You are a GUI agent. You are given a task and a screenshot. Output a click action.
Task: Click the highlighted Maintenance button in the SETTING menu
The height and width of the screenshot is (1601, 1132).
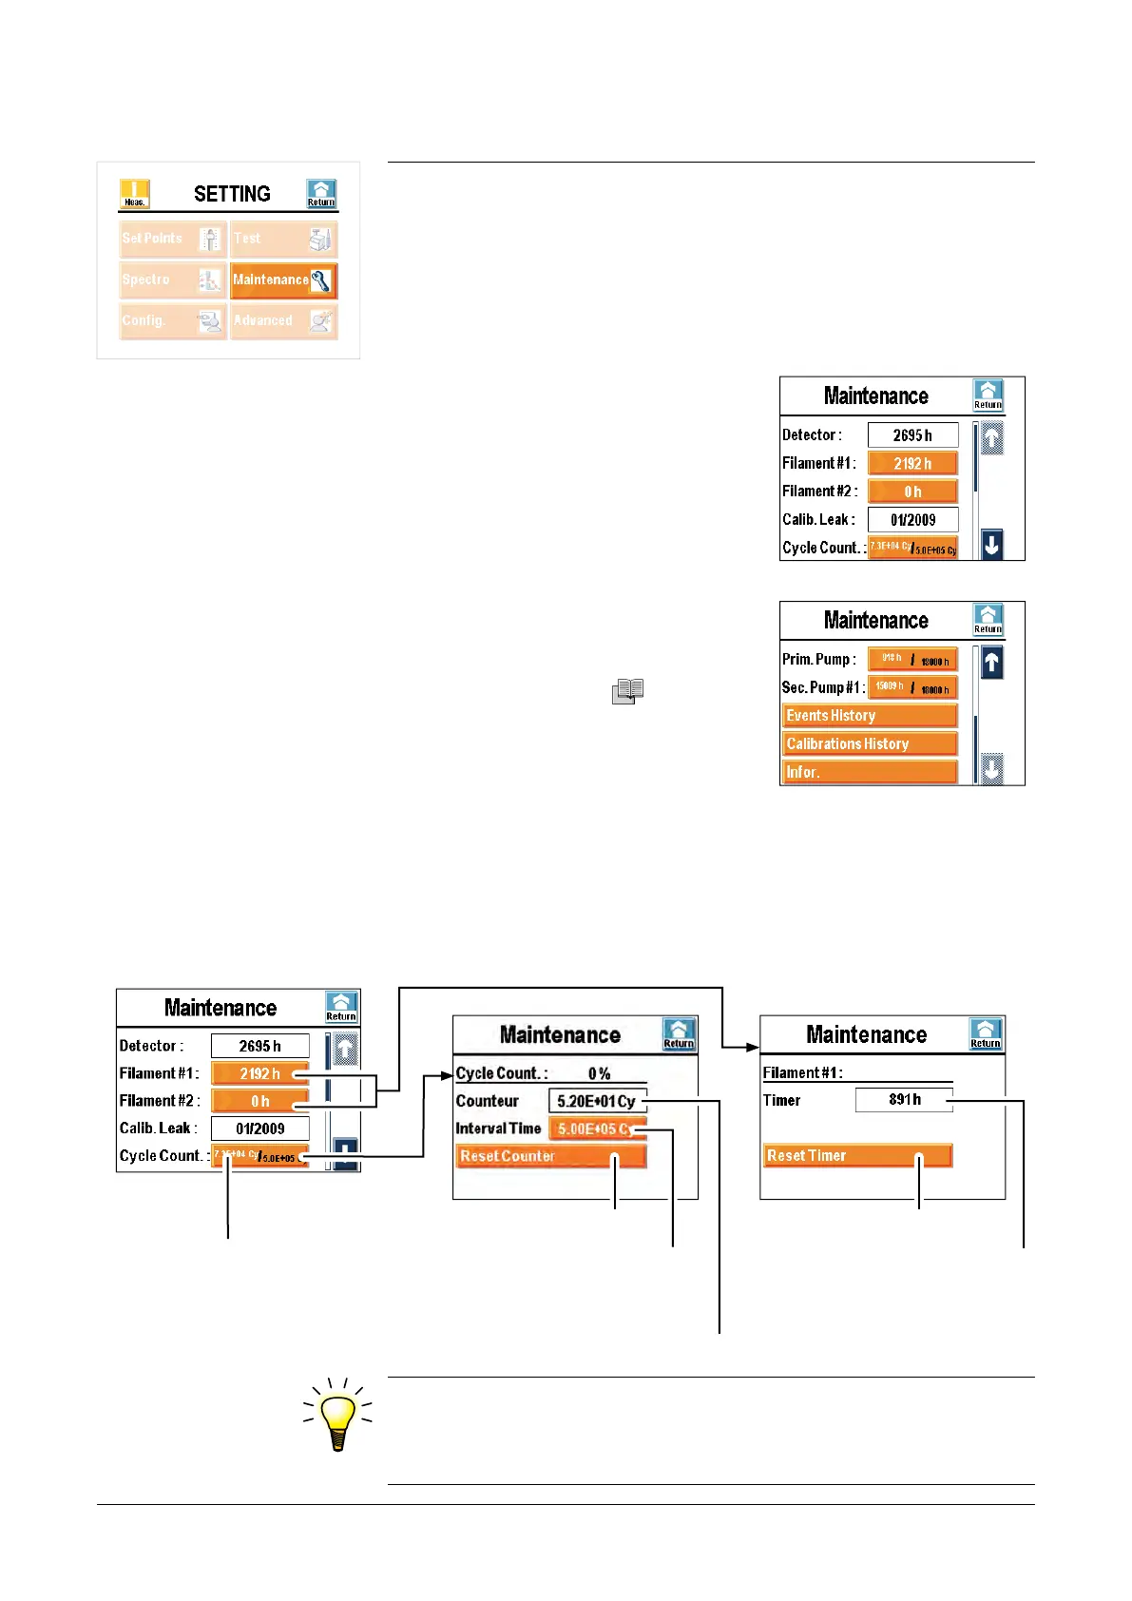(283, 280)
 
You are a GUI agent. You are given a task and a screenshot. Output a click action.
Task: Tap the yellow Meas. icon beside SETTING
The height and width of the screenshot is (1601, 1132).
(134, 194)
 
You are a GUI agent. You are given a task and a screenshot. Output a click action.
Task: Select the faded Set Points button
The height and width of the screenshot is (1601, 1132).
(173, 239)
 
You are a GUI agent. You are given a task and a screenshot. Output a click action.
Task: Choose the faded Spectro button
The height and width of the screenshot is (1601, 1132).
(173, 280)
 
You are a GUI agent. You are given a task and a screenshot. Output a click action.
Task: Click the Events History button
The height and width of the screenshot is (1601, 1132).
(869, 716)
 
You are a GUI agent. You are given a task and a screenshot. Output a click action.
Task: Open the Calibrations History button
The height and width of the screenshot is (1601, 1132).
(869, 744)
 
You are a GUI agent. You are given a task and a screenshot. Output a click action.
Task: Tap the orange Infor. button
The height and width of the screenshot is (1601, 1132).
(869, 772)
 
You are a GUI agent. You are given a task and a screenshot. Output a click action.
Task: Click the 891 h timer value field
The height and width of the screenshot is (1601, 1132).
(903, 1100)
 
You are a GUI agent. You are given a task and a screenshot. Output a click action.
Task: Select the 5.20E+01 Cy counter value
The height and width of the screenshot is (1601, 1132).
(597, 1101)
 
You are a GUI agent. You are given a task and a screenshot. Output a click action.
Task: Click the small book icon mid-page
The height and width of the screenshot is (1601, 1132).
(628, 691)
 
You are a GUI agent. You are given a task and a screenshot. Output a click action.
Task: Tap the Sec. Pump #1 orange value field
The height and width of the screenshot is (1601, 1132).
(912, 687)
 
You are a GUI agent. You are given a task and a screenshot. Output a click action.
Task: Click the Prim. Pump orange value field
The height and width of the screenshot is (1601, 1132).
(912, 660)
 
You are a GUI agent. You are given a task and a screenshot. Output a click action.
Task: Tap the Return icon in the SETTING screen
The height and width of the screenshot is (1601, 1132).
(321, 194)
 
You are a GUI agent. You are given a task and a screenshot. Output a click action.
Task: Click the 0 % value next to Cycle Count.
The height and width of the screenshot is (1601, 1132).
(599, 1073)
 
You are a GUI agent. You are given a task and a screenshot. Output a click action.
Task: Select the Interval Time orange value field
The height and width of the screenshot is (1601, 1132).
(597, 1128)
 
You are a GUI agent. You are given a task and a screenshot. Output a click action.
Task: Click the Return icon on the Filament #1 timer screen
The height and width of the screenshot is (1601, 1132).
(986, 1034)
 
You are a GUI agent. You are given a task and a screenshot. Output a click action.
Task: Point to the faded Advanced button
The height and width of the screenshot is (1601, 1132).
(283, 321)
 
